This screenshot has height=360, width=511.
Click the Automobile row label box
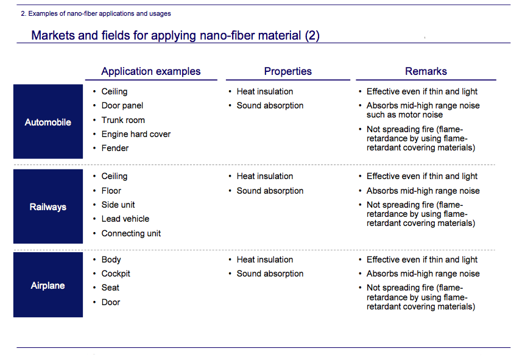point(48,121)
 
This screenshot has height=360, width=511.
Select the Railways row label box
point(48,206)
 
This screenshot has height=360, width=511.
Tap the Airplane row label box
point(48,284)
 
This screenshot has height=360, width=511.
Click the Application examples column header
point(151,71)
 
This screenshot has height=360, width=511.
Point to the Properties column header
point(287,71)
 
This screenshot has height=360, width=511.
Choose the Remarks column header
point(426,71)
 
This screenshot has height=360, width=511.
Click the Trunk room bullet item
point(123,120)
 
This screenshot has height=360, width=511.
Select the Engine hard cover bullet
point(136,134)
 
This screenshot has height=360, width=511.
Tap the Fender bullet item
point(115,148)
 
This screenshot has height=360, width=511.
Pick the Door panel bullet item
point(122,106)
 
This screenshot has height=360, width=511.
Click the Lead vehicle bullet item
point(125,219)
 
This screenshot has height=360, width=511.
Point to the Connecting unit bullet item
point(131,233)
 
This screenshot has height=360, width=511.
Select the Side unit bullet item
point(118,205)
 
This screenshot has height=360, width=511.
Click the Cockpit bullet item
point(116,274)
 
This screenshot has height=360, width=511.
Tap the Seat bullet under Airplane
point(110,288)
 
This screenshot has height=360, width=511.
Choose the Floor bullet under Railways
point(111,191)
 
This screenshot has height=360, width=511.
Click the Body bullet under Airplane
point(111,260)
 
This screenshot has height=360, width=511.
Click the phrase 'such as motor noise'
point(404,115)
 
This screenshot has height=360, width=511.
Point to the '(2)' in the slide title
point(312,35)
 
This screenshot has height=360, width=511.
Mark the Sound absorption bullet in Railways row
point(270,191)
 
